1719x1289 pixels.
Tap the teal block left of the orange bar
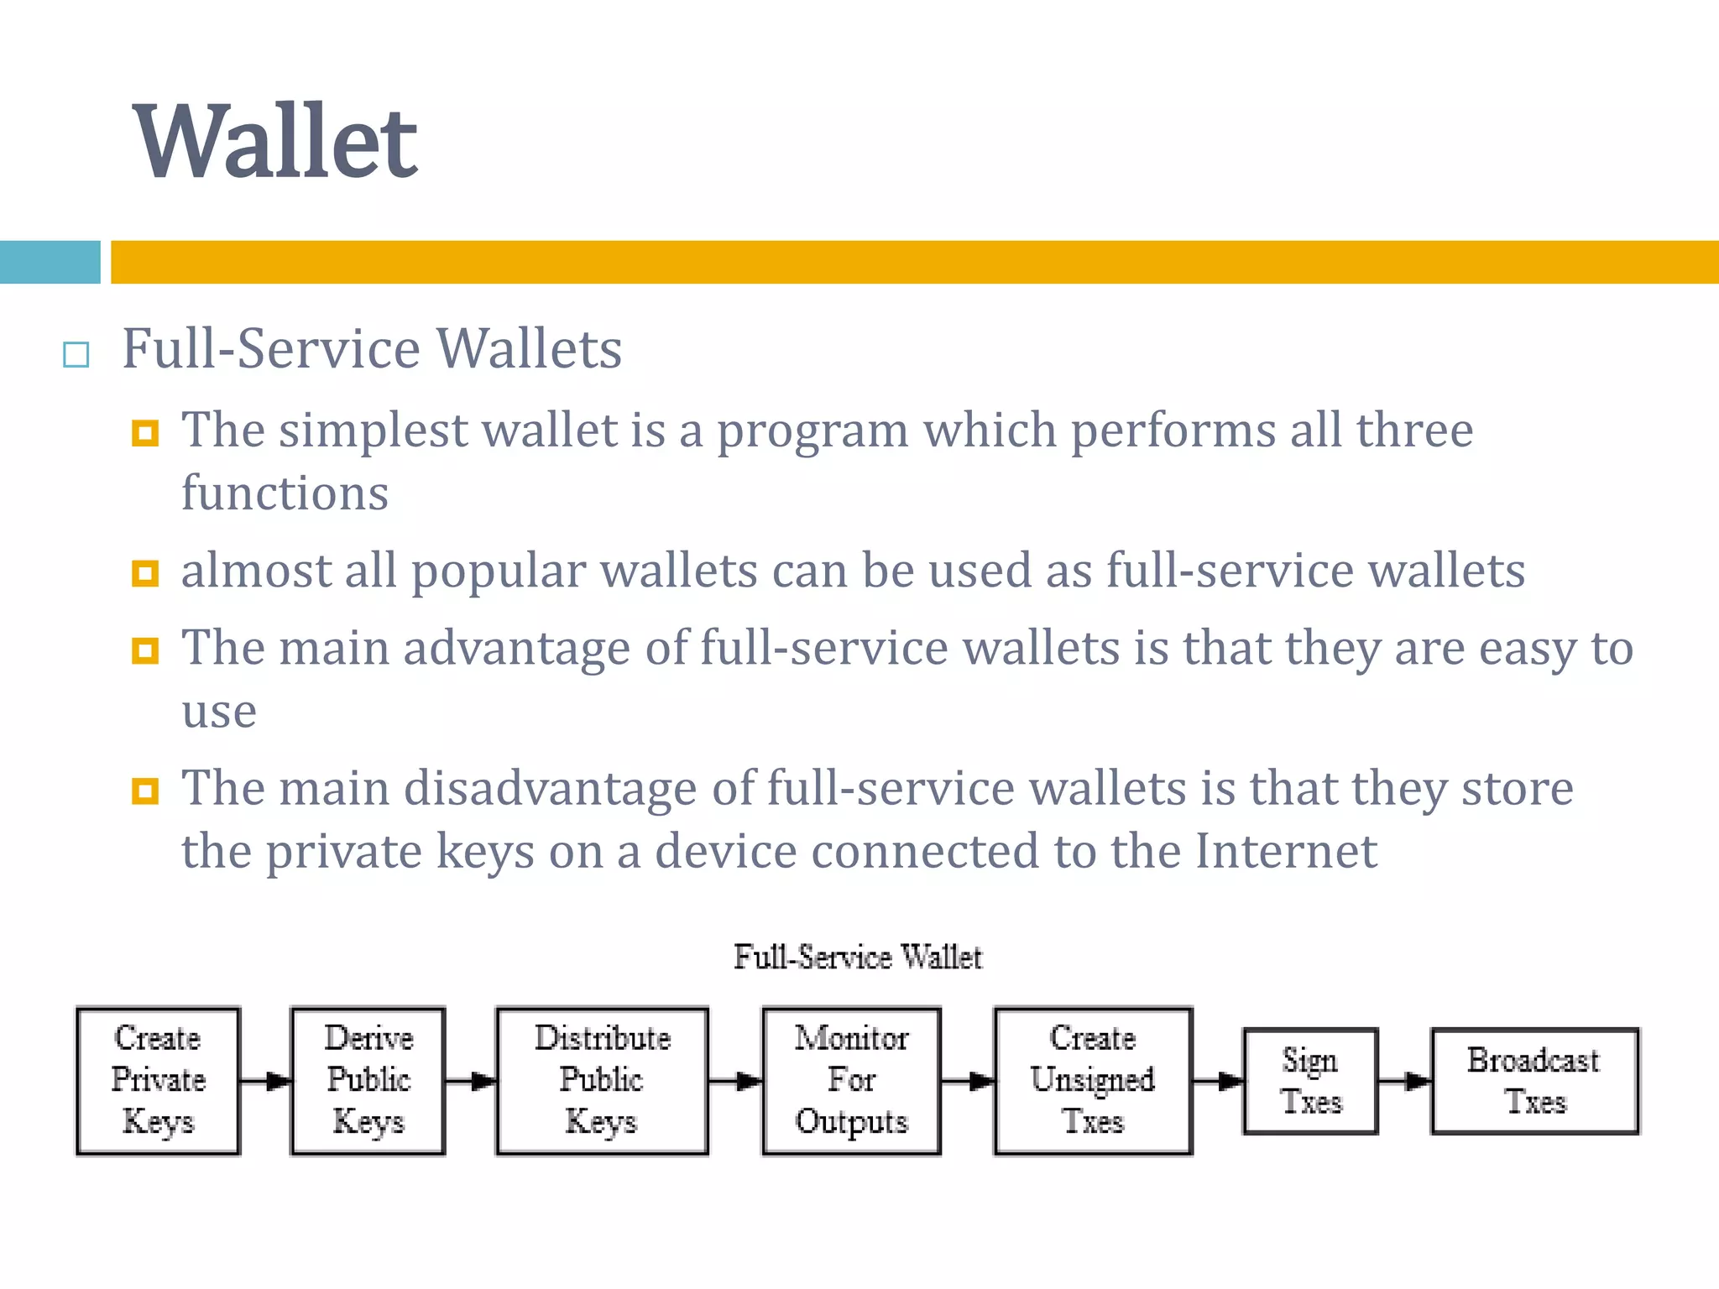point(50,262)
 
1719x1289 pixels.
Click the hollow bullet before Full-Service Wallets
point(76,355)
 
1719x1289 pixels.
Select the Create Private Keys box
point(158,1081)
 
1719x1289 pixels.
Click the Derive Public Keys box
point(368,1081)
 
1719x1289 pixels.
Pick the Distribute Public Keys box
point(602,1081)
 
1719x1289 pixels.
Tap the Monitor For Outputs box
point(851,1081)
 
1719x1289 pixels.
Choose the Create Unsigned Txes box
point(1093,1081)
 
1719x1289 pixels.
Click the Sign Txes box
point(1310,1081)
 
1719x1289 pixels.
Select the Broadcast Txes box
point(1534,1081)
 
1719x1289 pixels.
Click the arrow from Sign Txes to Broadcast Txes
point(1405,1081)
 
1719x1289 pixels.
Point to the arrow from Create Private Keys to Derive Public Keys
point(265,1081)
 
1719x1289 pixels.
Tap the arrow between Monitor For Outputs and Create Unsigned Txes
point(968,1081)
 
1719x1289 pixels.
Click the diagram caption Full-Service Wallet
point(858,958)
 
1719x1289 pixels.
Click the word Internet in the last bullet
point(1286,851)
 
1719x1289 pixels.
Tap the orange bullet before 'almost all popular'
point(145,574)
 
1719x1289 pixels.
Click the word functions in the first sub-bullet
point(285,493)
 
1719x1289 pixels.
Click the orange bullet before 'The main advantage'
point(145,650)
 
